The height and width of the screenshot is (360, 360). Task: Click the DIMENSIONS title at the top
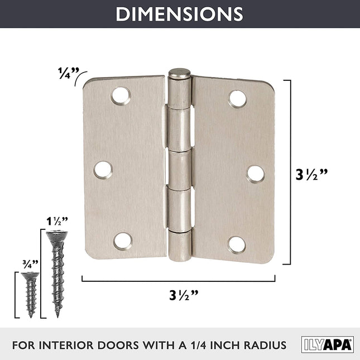tap(179, 14)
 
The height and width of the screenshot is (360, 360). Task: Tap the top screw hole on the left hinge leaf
tap(121, 96)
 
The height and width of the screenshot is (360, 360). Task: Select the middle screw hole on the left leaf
tap(103, 170)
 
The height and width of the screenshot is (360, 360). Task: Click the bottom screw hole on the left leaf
tap(123, 242)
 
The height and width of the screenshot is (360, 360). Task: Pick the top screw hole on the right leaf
tap(238, 99)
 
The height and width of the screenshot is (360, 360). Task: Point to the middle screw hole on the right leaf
tap(255, 174)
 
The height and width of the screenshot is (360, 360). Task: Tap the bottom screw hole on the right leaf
tap(237, 245)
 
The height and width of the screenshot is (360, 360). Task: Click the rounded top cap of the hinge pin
tap(180, 74)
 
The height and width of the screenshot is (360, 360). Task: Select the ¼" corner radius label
tap(69, 73)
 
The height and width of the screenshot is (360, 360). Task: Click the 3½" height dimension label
tap(311, 175)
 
